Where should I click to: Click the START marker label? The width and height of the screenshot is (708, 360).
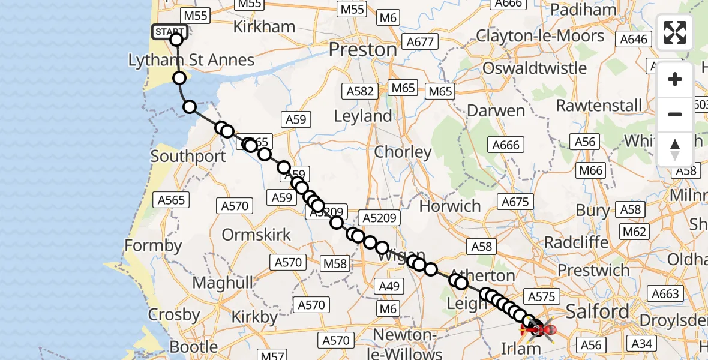click(x=169, y=32)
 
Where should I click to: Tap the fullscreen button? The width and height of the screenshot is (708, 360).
click(x=675, y=32)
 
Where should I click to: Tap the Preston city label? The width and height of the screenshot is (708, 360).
click(x=364, y=49)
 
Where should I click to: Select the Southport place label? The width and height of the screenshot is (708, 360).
click(x=188, y=157)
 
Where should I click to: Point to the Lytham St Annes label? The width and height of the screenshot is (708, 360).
click(x=191, y=60)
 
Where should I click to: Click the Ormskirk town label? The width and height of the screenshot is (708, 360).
click(x=256, y=234)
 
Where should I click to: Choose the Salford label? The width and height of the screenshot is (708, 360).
click(x=597, y=311)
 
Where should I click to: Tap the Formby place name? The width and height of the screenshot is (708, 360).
click(x=153, y=245)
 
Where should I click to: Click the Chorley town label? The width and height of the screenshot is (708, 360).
click(x=403, y=152)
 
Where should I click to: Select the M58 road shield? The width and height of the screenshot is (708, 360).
click(x=335, y=263)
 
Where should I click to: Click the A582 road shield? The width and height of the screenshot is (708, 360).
click(x=360, y=91)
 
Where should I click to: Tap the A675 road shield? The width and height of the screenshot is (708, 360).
click(x=515, y=202)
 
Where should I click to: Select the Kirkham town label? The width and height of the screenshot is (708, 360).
click(x=264, y=27)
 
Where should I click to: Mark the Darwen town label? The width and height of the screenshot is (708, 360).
click(x=496, y=110)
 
